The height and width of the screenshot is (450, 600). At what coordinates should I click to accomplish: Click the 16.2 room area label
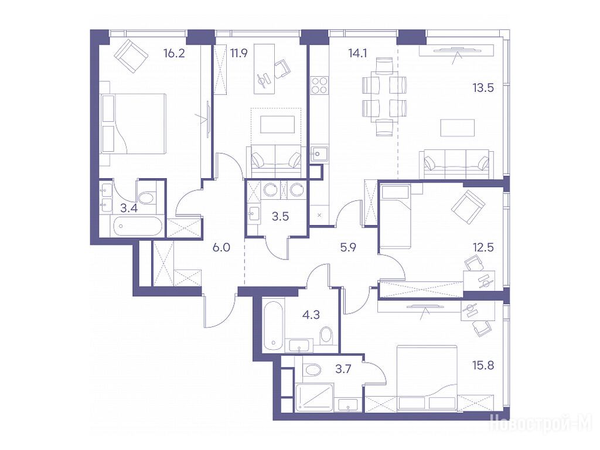pyautogui.click(x=174, y=53)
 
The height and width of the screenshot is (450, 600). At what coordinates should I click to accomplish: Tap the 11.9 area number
pyautogui.click(x=239, y=53)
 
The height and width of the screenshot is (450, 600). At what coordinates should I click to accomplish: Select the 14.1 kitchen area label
pyautogui.click(x=357, y=53)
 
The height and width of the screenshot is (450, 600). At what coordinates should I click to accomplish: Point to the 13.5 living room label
pyautogui.click(x=483, y=88)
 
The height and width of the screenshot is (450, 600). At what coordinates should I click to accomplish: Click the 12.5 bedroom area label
pyautogui.click(x=483, y=247)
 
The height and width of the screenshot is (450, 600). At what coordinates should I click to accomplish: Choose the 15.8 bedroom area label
pyautogui.click(x=483, y=366)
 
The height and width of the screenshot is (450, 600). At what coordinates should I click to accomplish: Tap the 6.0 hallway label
pyautogui.click(x=221, y=248)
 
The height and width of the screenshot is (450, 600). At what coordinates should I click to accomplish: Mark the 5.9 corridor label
pyautogui.click(x=348, y=248)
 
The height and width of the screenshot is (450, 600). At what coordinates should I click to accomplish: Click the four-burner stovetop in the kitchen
pyautogui.click(x=319, y=86)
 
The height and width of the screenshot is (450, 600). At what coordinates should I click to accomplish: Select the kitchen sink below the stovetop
pyautogui.click(x=319, y=155)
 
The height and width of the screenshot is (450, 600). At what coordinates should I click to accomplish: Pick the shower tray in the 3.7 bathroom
pyautogui.click(x=314, y=398)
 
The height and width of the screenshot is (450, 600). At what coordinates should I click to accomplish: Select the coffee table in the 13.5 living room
pyautogui.click(x=457, y=128)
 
